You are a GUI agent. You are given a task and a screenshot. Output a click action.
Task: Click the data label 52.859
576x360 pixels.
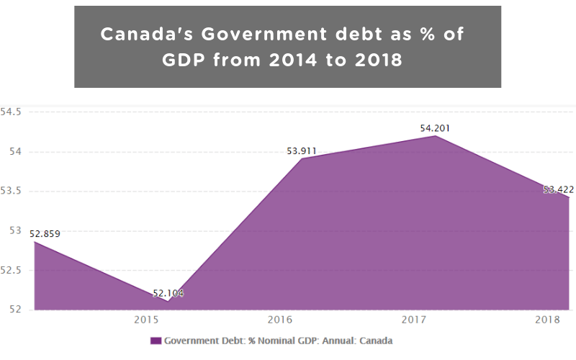click(45, 233)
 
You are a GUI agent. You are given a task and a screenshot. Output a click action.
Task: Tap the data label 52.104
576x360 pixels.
click(168, 293)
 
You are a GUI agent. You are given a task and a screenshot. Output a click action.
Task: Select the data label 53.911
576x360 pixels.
click(302, 150)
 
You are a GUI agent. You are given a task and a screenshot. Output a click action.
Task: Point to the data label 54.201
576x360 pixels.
click(436, 128)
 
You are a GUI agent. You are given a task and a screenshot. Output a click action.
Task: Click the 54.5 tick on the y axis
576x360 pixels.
click(12, 112)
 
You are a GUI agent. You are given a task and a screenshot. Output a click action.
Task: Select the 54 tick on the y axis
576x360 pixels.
click(16, 152)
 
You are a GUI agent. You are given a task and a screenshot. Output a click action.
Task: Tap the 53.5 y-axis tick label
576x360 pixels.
click(12, 192)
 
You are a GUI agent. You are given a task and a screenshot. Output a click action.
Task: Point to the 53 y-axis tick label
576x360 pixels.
click(16, 231)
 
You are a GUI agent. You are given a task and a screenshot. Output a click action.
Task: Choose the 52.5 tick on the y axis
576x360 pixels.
click(12, 270)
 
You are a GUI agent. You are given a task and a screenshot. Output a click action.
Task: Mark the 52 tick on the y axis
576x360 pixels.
click(16, 310)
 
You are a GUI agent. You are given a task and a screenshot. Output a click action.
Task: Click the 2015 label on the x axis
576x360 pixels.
click(147, 320)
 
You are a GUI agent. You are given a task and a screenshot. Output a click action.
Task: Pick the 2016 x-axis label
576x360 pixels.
click(279, 320)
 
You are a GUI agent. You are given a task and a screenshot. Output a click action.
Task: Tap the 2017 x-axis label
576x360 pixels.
click(413, 320)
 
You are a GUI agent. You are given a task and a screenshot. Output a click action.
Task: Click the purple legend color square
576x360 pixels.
click(156, 341)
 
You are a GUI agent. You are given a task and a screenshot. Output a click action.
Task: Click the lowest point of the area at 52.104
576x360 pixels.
click(168, 301)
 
